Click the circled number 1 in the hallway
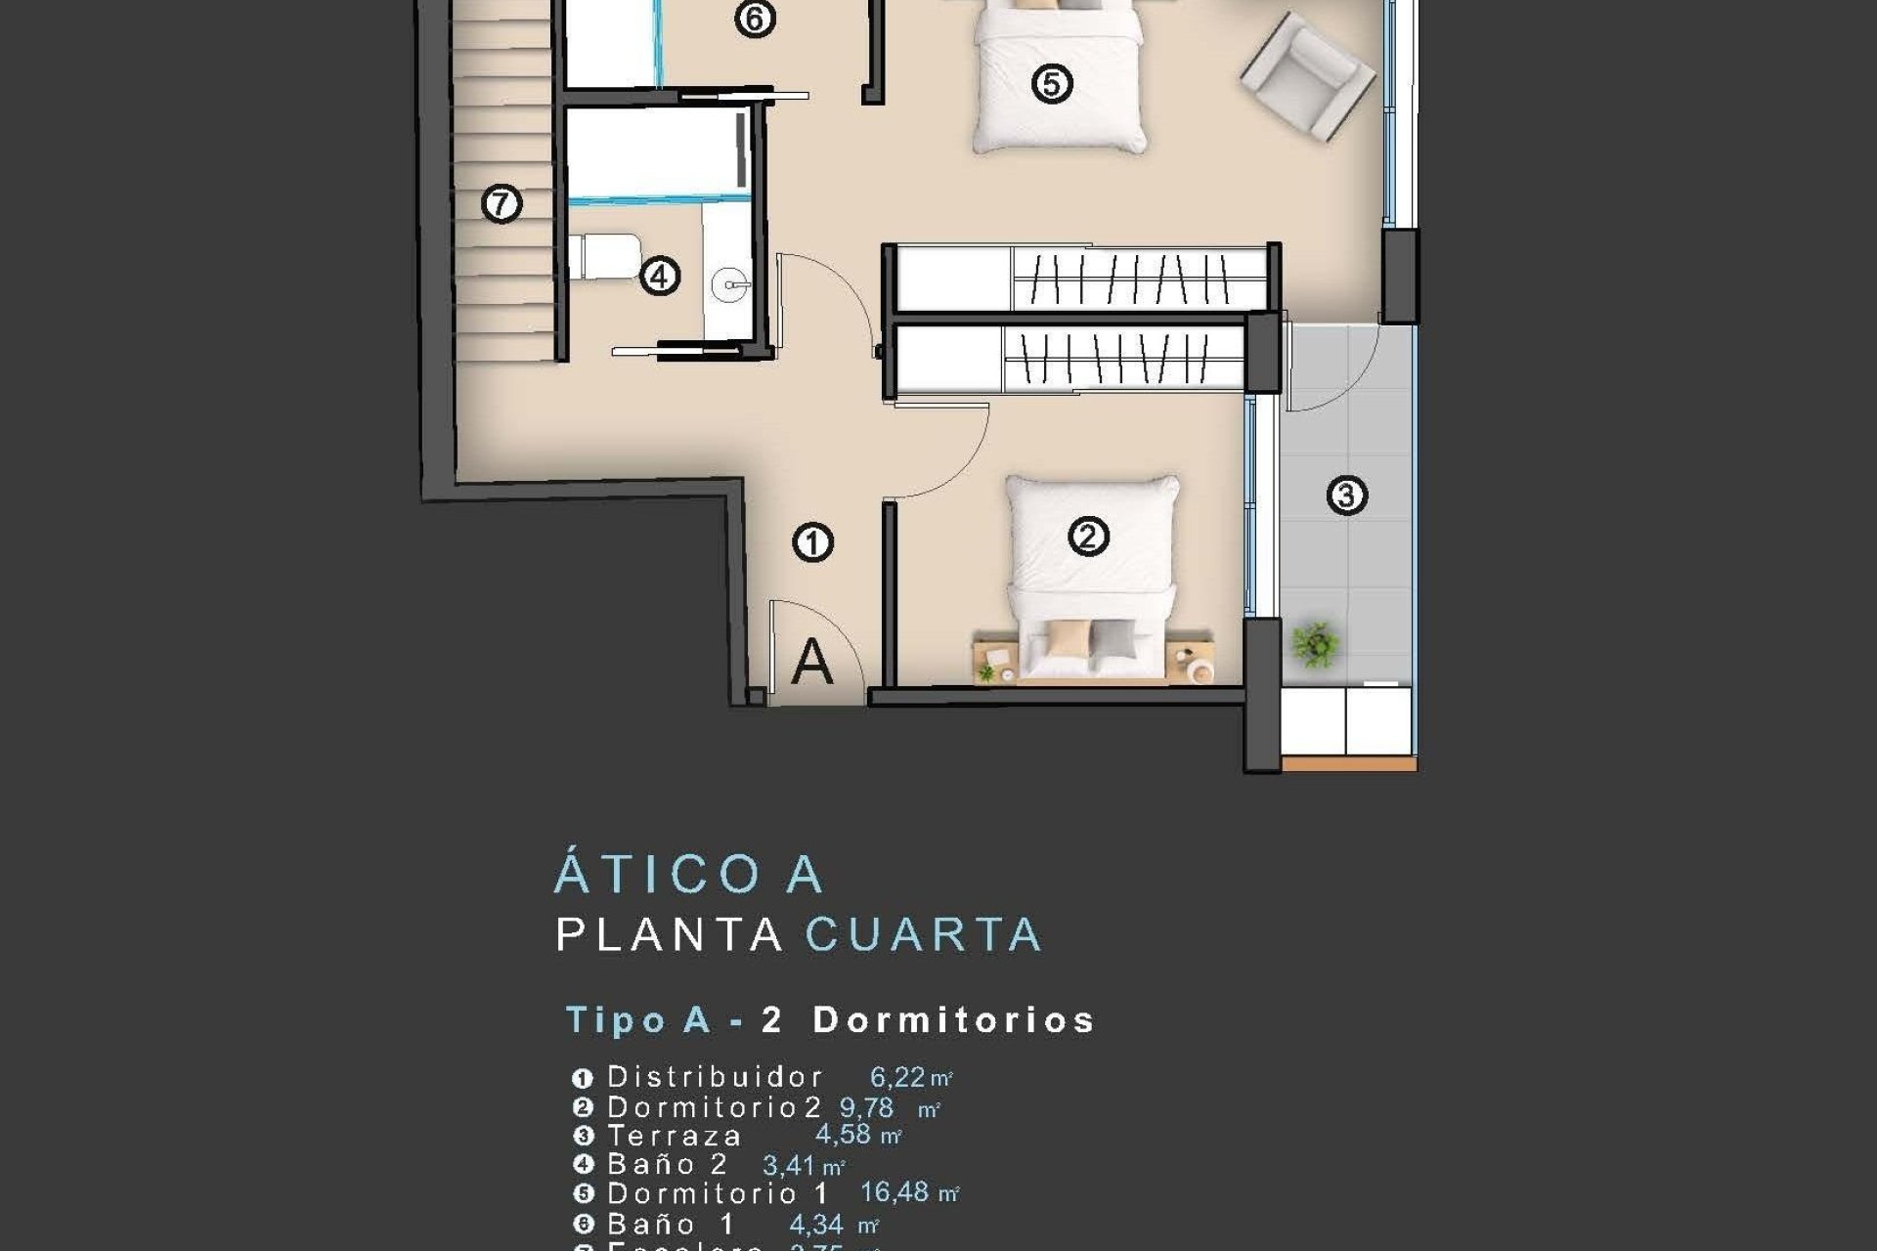pyautogui.click(x=812, y=542)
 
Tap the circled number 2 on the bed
pyautogui.click(x=1088, y=537)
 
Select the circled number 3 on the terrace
pyautogui.click(x=1346, y=496)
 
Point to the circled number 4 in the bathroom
pyautogui.click(x=660, y=277)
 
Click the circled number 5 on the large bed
pyautogui.click(x=1052, y=83)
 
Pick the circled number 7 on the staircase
pyautogui.click(x=502, y=204)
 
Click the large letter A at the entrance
pyautogui.click(x=811, y=662)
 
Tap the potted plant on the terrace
pyautogui.click(x=1315, y=644)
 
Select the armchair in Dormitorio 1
pyautogui.click(x=1307, y=74)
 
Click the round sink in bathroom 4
pyautogui.click(x=729, y=285)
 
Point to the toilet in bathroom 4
pyautogui.click(x=604, y=256)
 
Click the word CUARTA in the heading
pyautogui.click(x=924, y=935)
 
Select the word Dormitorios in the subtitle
pyautogui.click(x=954, y=1020)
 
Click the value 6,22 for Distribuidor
pyautogui.click(x=897, y=1077)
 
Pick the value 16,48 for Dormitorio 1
pyautogui.click(x=895, y=1192)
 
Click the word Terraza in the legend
pyautogui.click(x=675, y=1136)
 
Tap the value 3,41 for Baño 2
pyautogui.click(x=788, y=1165)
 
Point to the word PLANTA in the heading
pyautogui.click(x=670, y=935)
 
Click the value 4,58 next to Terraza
pyautogui.click(x=843, y=1135)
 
